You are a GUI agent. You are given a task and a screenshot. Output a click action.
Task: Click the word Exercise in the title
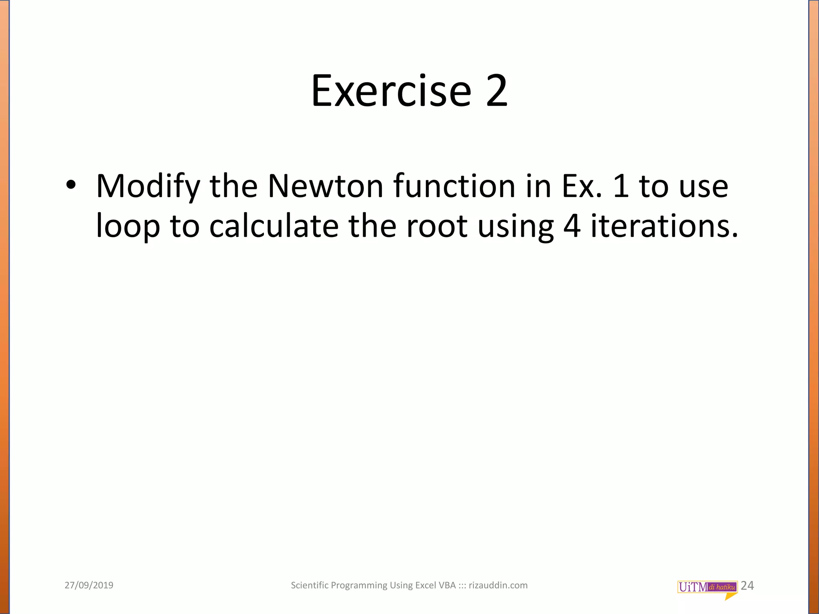391,91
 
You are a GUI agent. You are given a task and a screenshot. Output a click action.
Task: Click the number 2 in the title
497,91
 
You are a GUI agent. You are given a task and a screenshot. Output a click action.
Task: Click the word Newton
325,186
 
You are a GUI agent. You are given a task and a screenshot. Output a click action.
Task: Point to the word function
454,186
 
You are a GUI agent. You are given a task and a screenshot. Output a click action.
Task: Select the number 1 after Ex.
621,186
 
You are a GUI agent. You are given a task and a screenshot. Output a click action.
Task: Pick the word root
437,226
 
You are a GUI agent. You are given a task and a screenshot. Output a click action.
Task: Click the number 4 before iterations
572,226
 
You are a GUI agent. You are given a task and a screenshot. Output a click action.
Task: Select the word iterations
664,226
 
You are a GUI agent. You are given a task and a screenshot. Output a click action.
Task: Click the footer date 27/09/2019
89,586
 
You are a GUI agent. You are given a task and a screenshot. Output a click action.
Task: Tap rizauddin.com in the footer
498,586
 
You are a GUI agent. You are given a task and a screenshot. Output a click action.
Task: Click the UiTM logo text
693,587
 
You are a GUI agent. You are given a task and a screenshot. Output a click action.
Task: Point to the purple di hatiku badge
722,587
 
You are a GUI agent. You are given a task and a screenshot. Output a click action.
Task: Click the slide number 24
747,586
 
